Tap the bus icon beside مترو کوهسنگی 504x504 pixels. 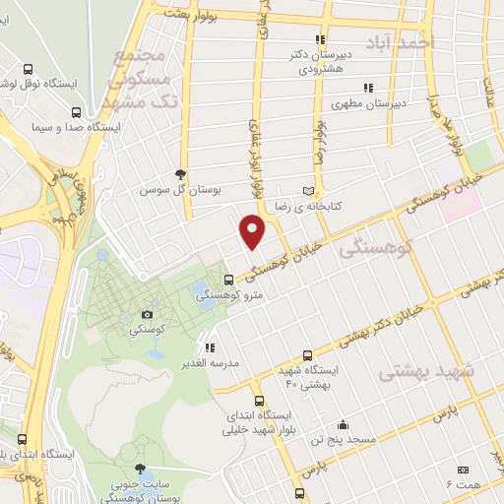coord(229,279)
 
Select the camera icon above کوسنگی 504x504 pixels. coord(149,313)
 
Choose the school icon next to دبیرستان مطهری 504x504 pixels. coord(369,87)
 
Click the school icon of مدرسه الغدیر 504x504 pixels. coord(210,346)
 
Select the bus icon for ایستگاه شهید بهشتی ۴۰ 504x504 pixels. coord(309,354)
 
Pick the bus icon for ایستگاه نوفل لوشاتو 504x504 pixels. coord(27,70)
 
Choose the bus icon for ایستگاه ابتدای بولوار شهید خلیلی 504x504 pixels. coord(259,401)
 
